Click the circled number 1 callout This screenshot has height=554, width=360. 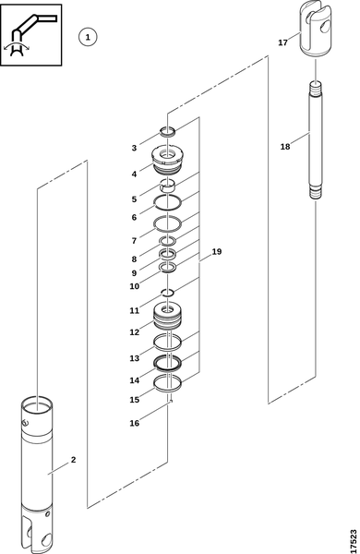pos(88,37)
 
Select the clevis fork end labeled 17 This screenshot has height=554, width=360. pos(316,29)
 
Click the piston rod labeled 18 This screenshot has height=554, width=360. pos(316,140)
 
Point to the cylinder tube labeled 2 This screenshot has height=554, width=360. pos(37,474)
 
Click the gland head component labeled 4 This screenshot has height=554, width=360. pos(167,161)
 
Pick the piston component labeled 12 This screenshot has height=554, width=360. pos(167,316)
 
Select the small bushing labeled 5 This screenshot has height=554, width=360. pos(167,186)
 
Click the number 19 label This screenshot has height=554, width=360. pos(217,251)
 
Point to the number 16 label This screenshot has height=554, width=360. pos(135,423)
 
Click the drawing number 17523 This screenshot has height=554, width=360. pos(354,540)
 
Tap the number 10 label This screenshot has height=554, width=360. pos(135,286)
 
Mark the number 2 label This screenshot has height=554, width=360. pos(73,460)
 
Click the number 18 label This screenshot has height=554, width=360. pos(285,146)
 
